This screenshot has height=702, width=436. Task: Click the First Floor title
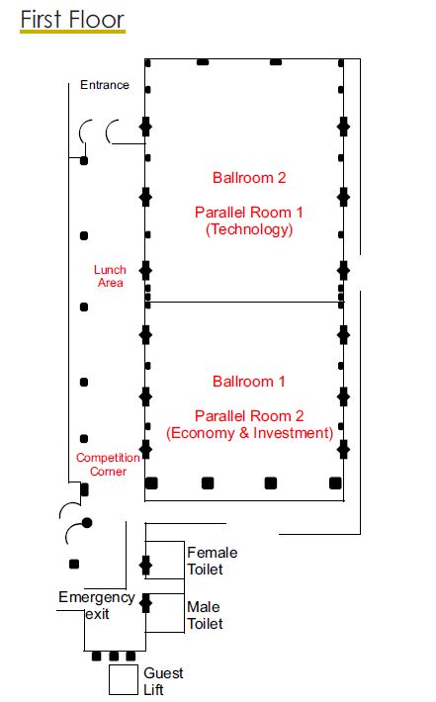pos(72,18)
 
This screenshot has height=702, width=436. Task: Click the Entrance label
pos(105,85)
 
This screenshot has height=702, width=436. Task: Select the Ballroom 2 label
pos(249,178)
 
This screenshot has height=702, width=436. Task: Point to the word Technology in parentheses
pos(249,229)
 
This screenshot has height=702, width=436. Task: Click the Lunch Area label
pos(110,276)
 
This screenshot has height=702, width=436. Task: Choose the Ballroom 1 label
pos(249,381)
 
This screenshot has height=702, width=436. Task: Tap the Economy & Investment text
pos(249,433)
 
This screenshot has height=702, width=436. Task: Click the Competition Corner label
pos(108,465)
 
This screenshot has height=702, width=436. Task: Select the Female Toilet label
pos(213,561)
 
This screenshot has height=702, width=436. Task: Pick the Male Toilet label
pos(205,615)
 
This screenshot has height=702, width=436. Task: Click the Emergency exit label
pos(96,605)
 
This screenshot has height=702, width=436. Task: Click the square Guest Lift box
pos(123,679)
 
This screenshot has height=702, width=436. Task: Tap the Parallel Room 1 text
pos(249,213)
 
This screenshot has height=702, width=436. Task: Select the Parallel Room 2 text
pos(249,415)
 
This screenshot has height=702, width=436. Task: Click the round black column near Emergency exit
pos(87,522)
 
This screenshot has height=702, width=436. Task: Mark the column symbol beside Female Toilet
pos(146,566)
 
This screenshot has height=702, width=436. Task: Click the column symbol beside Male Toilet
pos(146,602)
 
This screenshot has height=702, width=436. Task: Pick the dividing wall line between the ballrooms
pos(245,303)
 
